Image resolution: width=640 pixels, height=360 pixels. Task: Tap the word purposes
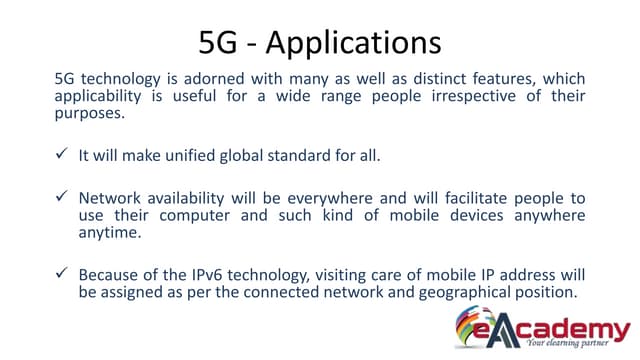click(x=91, y=115)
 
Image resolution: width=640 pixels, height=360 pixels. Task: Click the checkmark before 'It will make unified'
click(x=60, y=155)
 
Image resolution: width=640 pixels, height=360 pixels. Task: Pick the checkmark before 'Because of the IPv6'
click(x=60, y=273)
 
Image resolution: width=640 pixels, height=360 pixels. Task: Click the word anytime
click(x=109, y=234)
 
